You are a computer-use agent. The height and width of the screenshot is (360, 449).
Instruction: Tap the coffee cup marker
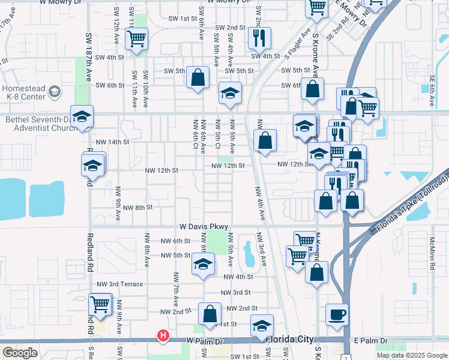click(x=337, y=314)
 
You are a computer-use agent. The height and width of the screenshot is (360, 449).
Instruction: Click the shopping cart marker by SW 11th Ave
click(x=136, y=39)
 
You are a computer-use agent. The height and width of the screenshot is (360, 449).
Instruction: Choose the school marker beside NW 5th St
click(x=203, y=263)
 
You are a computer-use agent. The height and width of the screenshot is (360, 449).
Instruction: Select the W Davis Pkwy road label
click(x=205, y=227)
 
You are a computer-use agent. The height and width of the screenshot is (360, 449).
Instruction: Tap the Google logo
click(x=20, y=353)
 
